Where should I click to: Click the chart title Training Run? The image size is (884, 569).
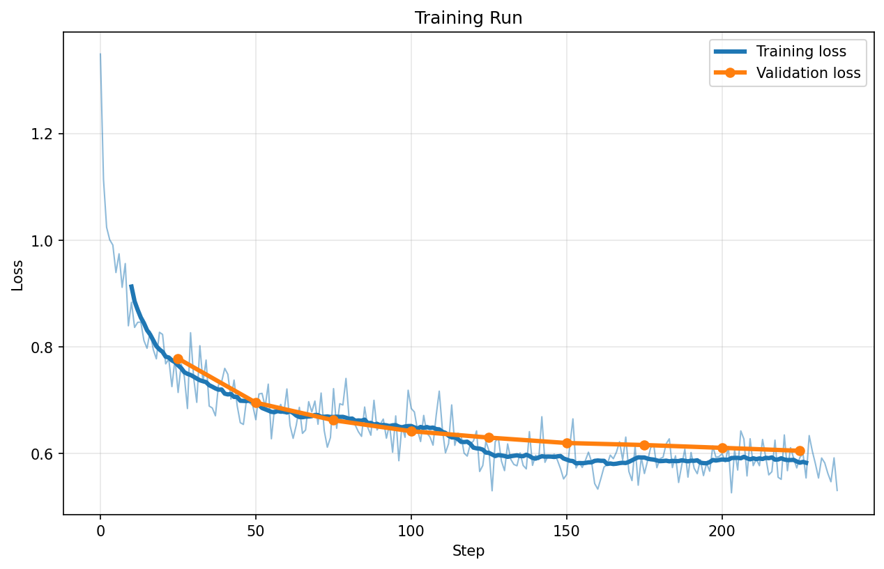468,18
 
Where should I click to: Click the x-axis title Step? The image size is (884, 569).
468,551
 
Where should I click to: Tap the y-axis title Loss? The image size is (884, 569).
17,274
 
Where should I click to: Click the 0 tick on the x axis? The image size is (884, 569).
100,531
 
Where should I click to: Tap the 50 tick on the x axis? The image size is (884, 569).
256,531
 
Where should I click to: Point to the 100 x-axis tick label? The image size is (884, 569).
411,531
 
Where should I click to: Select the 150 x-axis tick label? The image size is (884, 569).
567,531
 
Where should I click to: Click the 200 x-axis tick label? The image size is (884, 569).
722,531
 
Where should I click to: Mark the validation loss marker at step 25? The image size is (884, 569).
178,359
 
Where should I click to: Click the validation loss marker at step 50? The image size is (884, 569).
256,403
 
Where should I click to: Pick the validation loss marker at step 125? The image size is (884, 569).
489,437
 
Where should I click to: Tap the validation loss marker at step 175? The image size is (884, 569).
644,445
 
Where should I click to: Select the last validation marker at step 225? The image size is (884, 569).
800,451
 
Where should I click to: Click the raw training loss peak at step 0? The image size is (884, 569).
100,54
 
